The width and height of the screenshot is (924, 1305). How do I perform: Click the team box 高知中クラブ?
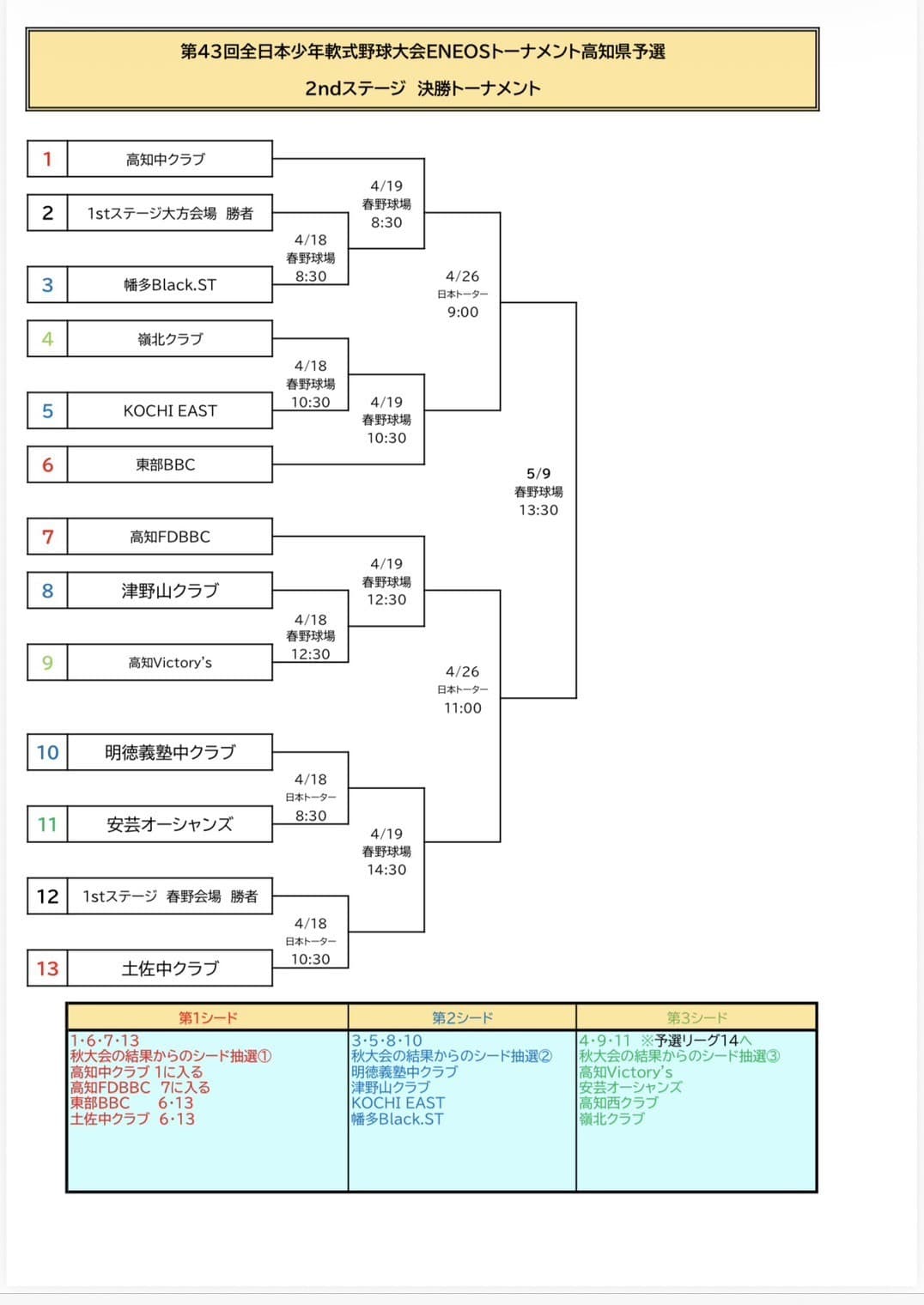(x=169, y=159)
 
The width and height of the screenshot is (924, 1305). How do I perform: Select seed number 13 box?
(x=47, y=968)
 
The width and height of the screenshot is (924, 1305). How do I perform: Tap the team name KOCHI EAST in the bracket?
(x=169, y=410)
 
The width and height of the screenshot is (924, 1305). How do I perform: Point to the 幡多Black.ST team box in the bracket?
(x=169, y=285)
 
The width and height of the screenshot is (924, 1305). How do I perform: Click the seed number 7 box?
(x=47, y=537)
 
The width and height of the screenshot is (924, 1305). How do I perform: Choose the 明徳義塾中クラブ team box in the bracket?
(x=169, y=752)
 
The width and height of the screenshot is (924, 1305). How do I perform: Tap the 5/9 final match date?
(x=538, y=473)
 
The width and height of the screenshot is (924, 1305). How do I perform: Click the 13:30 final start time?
(x=538, y=510)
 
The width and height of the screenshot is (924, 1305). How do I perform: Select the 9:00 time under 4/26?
(x=462, y=313)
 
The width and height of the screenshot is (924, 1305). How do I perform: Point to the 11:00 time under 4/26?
(x=462, y=708)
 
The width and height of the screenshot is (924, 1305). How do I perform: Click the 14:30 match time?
(x=386, y=870)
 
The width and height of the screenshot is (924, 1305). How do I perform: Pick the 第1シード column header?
(x=208, y=1017)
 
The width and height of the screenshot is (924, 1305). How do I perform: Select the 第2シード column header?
(x=462, y=1017)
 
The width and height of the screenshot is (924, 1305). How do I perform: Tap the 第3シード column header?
(x=696, y=1017)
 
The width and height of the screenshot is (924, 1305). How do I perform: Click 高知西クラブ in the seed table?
(x=618, y=1102)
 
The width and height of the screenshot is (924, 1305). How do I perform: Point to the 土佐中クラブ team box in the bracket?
(x=169, y=968)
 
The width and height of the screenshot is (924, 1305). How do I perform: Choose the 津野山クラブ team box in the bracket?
(x=169, y=591)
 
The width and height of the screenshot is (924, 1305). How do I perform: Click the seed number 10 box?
(x=47, y=752)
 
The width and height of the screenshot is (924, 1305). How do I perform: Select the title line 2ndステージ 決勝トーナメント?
(x=422, y=88)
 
